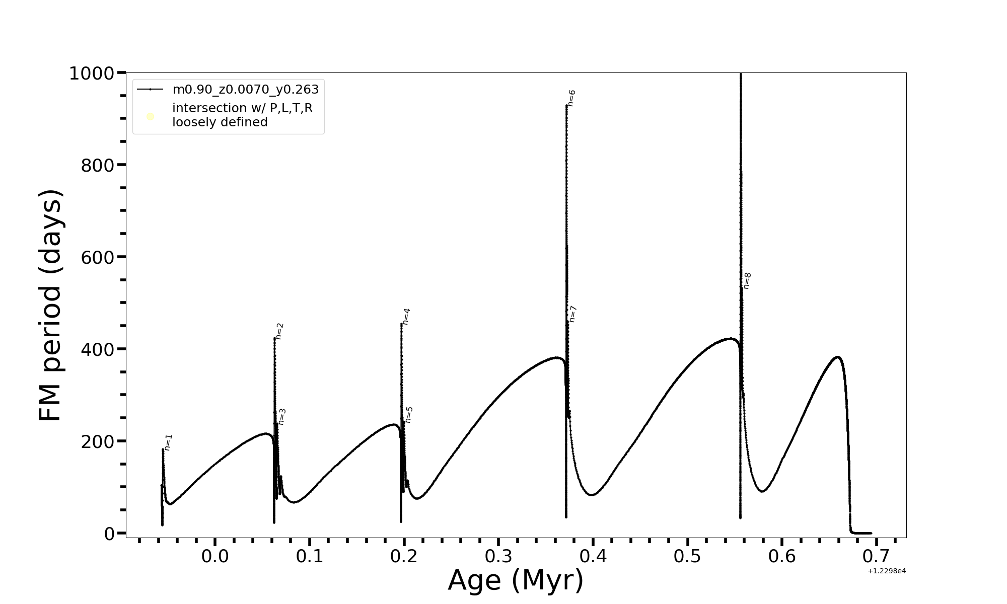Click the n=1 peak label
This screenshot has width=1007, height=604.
[x=169, y=442]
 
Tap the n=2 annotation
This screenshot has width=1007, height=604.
[x=280, y=331]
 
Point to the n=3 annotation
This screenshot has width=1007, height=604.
[x=282, y=417]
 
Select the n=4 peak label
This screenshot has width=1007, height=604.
[x=406, y=317]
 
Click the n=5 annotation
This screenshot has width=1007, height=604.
[x=409, y=415]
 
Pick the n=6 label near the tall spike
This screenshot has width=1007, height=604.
[x=571, y=98]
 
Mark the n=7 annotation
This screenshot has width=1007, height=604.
[x=572, y=314]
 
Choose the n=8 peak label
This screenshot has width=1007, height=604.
[x=747, y=281]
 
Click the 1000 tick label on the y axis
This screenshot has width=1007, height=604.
[x=92, y=74]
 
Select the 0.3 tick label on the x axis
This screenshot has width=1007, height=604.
[x=498, y=557]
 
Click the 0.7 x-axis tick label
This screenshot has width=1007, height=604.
[x=877, y=557]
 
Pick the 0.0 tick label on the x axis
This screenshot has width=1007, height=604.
[x=215, y=557]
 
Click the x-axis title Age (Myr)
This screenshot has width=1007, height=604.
[x=516, y=580]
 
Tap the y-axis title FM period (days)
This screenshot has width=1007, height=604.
[x=50, y=305]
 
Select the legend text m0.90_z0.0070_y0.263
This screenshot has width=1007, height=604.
[x=246, y=90]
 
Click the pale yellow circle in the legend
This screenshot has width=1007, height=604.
[x=150, y=117]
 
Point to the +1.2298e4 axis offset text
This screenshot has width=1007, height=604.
[x=887, y=571]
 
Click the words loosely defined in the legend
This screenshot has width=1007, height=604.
[x=220, y=122]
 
